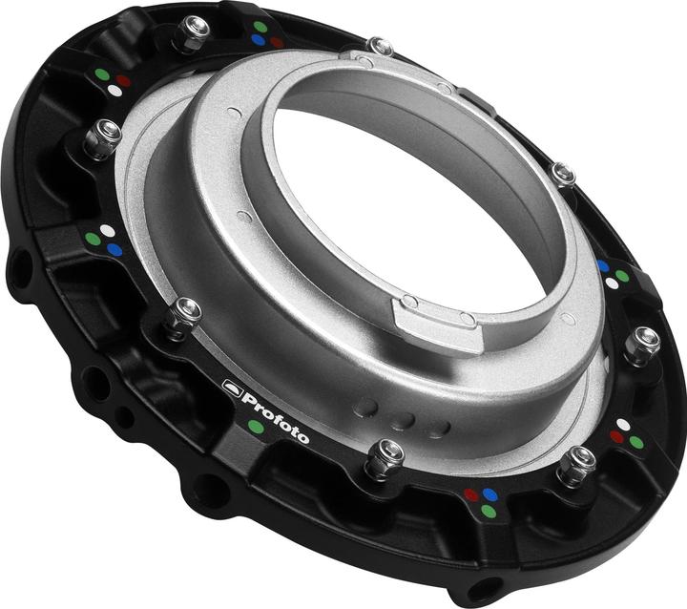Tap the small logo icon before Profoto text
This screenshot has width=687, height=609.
pyautogui.click(x=229, y=388)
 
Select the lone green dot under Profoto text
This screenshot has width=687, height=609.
pyautogui.click(x=256, y=427)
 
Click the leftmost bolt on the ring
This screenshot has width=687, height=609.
pyautogui.click(x=100, y=139)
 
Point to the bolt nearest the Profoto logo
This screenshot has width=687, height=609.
pyautogui.click(x=183, y=316)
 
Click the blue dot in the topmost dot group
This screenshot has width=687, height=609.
pyautogui.click(x=259, y=41)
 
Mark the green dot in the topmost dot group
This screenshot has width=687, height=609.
pyautogui.click(x=260, y=27)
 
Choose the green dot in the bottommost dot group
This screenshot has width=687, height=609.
pyautogui.click(x=489, y=512)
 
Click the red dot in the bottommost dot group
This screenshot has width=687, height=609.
pyautogui.click(x=470, y=495)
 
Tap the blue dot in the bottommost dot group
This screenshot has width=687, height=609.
pyautogui.click(x=490, y=494)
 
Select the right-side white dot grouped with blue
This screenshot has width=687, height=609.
pyautogui.click(x=612, y=283)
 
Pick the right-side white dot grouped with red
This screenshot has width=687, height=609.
pyautogui.click(x=623, y=424)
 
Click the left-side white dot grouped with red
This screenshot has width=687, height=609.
pyautogui.click(x=116, y=91)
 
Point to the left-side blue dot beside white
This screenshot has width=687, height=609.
pyautogui.click(x=114, y=249)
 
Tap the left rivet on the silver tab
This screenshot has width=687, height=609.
pyautogui.click(x=409, y=303)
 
